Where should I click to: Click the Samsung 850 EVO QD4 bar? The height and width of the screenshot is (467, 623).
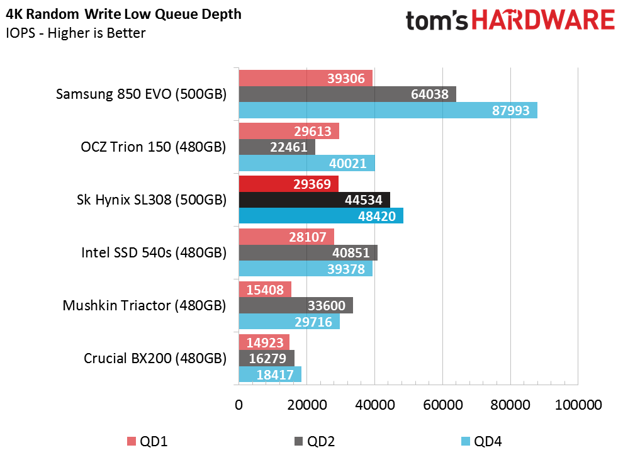tap(388, 110)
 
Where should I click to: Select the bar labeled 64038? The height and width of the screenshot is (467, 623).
tap(347, 94)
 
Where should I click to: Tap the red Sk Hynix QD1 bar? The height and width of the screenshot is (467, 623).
tap(288, 184)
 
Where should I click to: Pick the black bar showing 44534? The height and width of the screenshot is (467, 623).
tap(314, 200)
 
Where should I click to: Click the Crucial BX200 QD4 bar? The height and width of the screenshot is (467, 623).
tap(270, 374)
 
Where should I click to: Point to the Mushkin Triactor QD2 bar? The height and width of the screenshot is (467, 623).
tap(296, 305)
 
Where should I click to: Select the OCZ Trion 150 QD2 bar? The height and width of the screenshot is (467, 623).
tap(277, 147)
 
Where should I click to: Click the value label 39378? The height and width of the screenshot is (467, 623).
tap(346, 269)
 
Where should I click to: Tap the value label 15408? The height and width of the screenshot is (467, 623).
tap(265, 290)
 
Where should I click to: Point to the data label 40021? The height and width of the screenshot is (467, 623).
tap(347, 164)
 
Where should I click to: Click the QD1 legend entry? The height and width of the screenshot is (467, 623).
tap(147, 441)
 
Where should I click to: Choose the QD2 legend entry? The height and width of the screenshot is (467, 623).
tap(315, 441)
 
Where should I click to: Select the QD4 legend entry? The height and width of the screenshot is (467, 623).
tap(481, 441)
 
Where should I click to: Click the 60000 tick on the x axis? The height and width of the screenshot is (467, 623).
tap(442, 405)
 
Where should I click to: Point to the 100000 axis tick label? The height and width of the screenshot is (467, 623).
tap(578, 405)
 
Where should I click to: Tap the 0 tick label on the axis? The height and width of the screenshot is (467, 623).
tap(239, 405)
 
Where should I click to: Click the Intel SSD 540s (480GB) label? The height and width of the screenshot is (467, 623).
tap(154, 253)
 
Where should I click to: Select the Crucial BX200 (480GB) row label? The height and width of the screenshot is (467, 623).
tap(155, 359)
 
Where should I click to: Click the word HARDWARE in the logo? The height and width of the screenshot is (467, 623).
tap(543, 20)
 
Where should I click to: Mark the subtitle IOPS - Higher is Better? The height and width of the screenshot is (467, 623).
tap(76, 33)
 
